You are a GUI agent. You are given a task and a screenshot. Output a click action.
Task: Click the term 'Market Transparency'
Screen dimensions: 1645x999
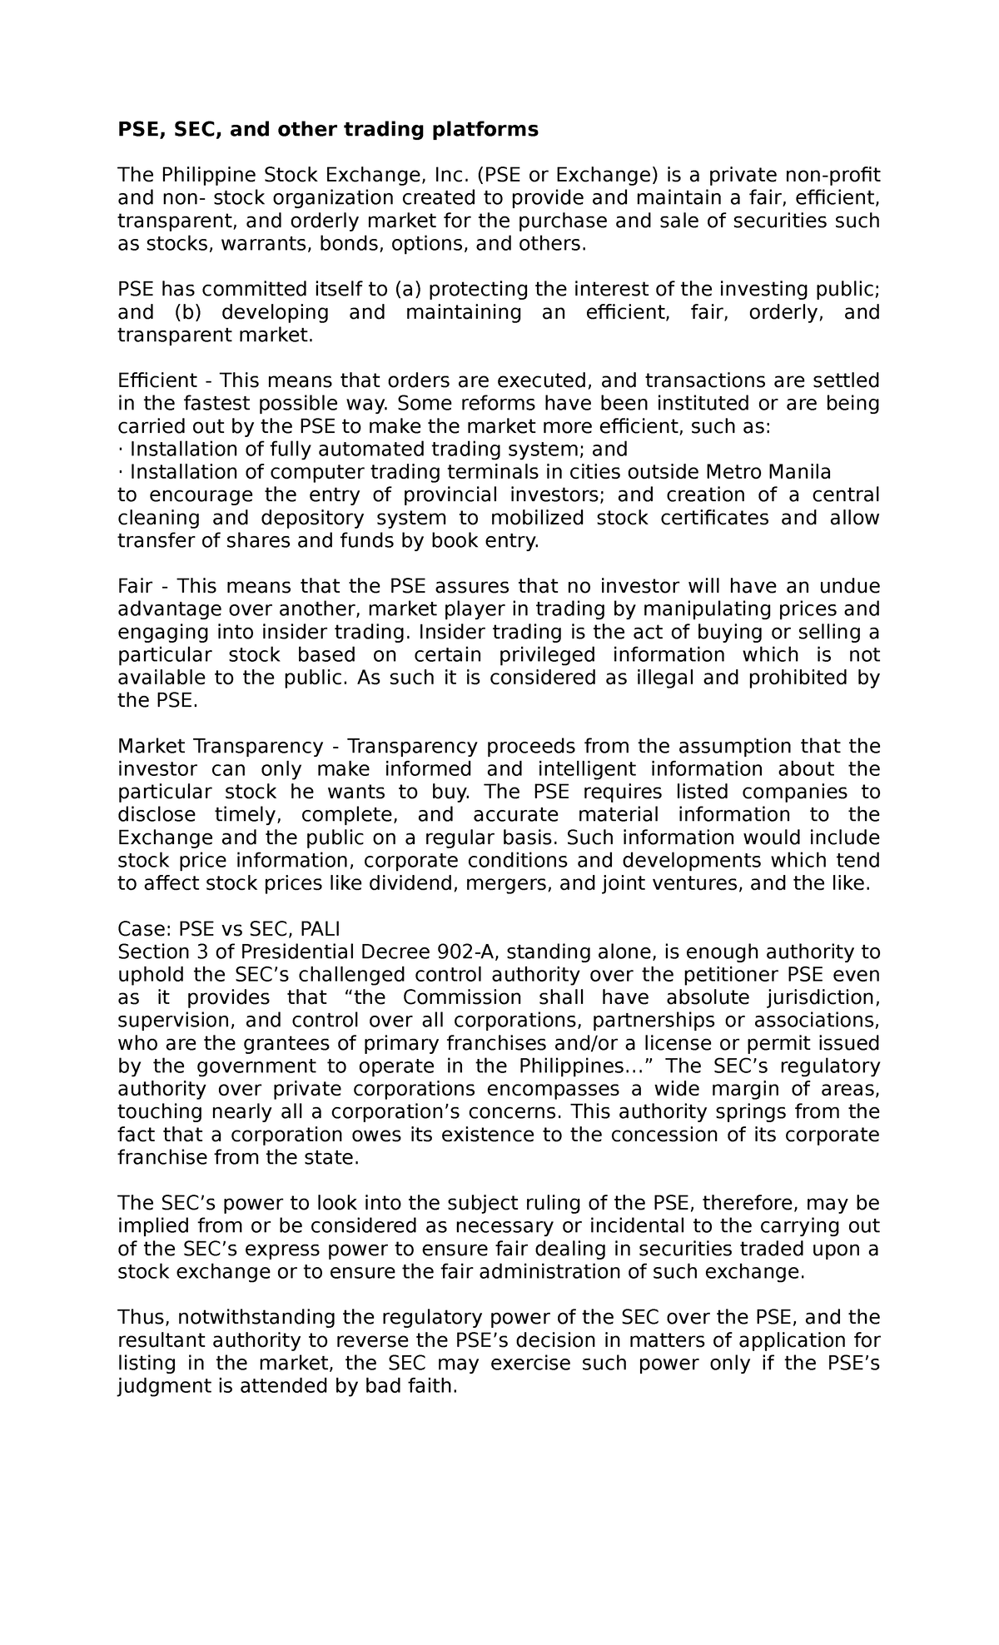point(220,746)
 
